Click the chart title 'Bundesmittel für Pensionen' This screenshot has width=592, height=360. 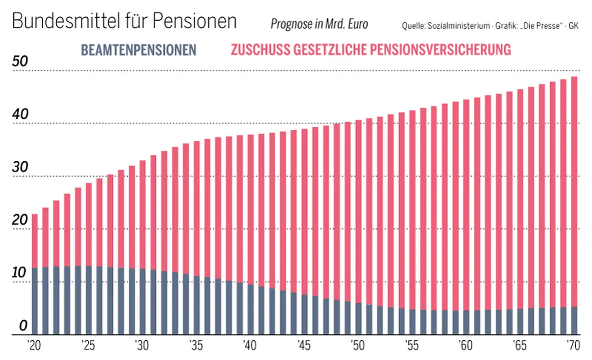pos(124,22)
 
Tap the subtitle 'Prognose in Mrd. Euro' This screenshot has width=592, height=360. pos(319,24)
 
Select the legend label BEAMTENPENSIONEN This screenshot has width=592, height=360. pos(139,50)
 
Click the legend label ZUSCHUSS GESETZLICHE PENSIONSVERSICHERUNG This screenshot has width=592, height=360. pos(370,50)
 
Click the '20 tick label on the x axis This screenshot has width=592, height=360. pos(34,344)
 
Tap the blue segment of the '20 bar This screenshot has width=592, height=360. pos(35,301)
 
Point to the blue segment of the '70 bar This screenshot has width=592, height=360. pos(574,321)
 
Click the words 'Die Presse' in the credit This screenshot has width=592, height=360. pos(552,26)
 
